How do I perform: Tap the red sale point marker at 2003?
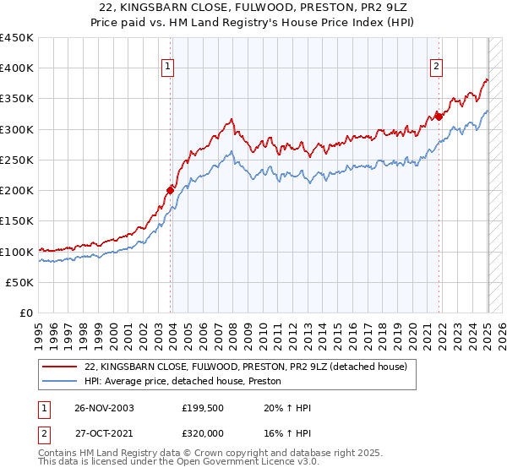pyautogui.click(x=170, y=190)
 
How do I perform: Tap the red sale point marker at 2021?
pyautogui.click(x=439, y=117)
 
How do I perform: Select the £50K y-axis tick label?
pyautogui.click(x=20, y=282)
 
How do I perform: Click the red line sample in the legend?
pyautogui.click(x=59, y=367)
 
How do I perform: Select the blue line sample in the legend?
pyautogui.click(x=59, y=382)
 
